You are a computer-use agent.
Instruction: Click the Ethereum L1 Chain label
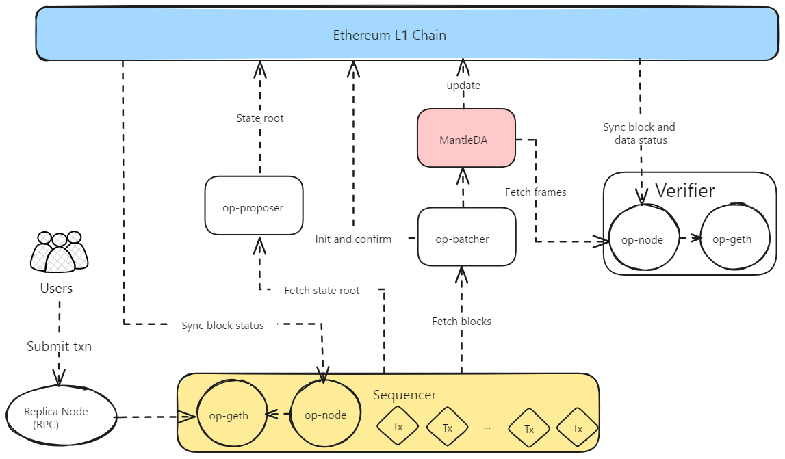pyautogui.click(x=389, y=35)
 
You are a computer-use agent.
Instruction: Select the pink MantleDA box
pyautogui.click(x=466, y=139)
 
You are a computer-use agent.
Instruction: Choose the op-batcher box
pyautogui.click(x=466, y=239)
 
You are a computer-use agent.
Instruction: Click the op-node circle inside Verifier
pyautogui.click(x=642, y=239)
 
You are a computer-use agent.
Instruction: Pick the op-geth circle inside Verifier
pyautogui.click(x=732, y=239)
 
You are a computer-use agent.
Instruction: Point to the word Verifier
pyautogui.click(x=684, y=190)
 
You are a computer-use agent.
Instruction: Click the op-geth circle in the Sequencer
pyautogui.click(x=229, y=415)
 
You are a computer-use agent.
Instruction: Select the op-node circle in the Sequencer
pyautogui.click(x=325, y=415)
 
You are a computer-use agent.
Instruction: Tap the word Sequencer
pyautogui.click(x=404, y=395)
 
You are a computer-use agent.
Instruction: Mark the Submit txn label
pyautogui.click(x=59, y=346)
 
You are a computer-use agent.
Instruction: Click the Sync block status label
pyautogui.click(x=222, y=326)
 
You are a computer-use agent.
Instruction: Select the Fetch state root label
pyautogui.click(x=322, y=291)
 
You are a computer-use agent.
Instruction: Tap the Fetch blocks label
pyautogui.click(x=461, y=321)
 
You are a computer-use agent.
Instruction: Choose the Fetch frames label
pyautogui.click(x=535, y=192)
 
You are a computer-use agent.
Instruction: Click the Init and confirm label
pyautogui.click(x=353, y=239)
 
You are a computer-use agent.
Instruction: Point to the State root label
pyautogui.click(x=260, y=118)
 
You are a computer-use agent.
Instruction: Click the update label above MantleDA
pyautogui.click(x=463, y=86)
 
